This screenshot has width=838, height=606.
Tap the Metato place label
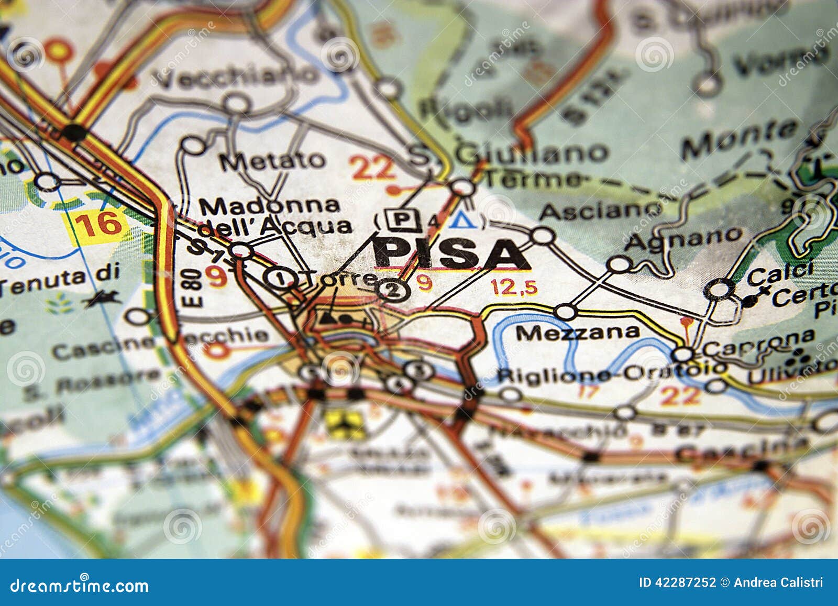pyautogui.click(x=272, y=160)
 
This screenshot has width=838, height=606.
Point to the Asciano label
pyautogui.click(x=601, y=211)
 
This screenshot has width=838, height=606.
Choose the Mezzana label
pyautogui.click(x=578, y=332)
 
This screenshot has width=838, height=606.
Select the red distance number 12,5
pyautogui.click(x=514, y=287)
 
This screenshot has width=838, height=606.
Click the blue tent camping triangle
pyautogui.click(x=464, y=221)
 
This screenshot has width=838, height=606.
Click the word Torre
pyautogui.click(x=340, y=279)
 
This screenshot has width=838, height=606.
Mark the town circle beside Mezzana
pyautogui.click(x=566, y=312)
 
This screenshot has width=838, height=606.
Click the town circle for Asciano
pyautogui.click(x=544, y=236)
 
